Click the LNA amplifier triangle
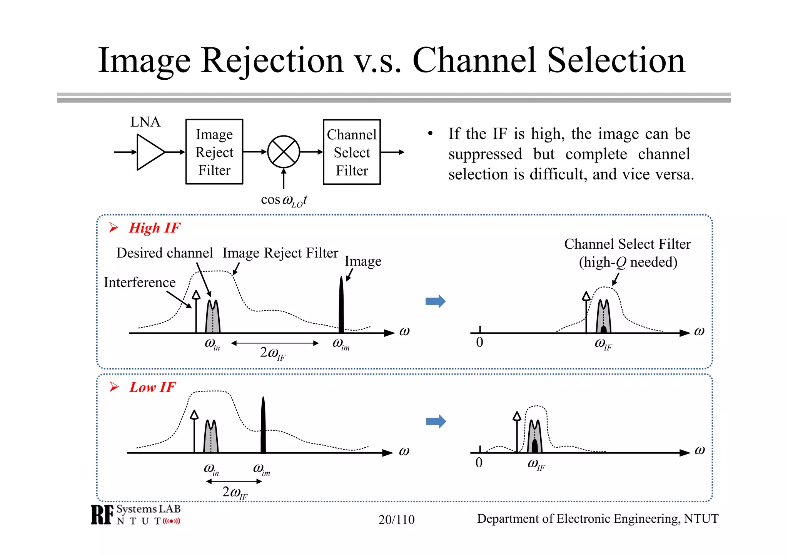(149, 152)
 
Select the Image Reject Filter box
(214, 152)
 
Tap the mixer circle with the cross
(284, 152)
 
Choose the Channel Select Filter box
(352, 152)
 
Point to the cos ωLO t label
(284, 200)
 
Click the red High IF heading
(154, 228)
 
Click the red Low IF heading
(152, 387)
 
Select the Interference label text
(140, 283)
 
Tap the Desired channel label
(164, 253)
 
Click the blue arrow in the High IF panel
(436, 301)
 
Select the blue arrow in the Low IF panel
(436, 422)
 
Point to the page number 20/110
(396, 520)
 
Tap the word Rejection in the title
(272, 60)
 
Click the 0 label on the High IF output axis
(479, 342)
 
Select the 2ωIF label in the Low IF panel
(235, 492)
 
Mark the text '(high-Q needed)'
(628, 263)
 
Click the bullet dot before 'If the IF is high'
(430, 134)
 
